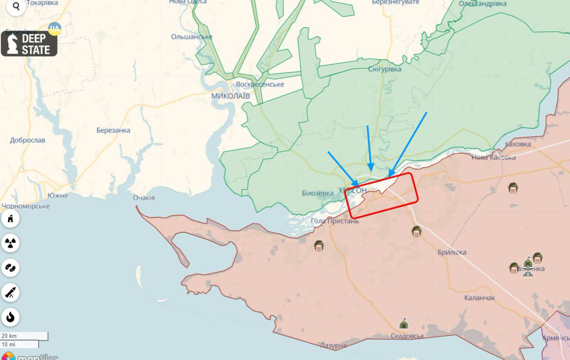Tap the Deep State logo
point(29,44)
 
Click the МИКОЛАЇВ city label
point(230,95)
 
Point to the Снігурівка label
point(384,69)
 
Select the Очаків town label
point(144,198)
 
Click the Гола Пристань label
point(334,221)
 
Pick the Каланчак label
point(480,297)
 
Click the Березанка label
point(113,130)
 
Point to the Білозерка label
point(317,193)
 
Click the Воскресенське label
point(260,84)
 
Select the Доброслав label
point(28,140)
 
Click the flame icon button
point(10,316)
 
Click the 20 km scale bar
point(24,336)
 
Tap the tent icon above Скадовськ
point(403,324)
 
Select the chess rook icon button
point(10,219)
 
